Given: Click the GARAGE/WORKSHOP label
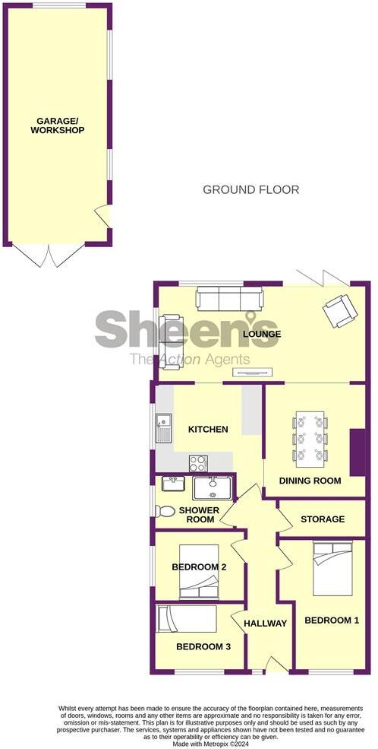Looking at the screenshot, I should click(57, 125).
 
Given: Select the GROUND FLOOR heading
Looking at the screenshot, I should click(250, 189).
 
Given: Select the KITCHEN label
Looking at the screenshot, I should click(208, 430).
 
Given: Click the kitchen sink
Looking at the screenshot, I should click(164, 429).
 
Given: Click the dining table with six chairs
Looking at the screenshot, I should click(310, 437).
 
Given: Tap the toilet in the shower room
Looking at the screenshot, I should click(165, 511).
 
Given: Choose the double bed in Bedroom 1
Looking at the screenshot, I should click(333, 569).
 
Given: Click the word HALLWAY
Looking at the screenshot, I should click(265, 624).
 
